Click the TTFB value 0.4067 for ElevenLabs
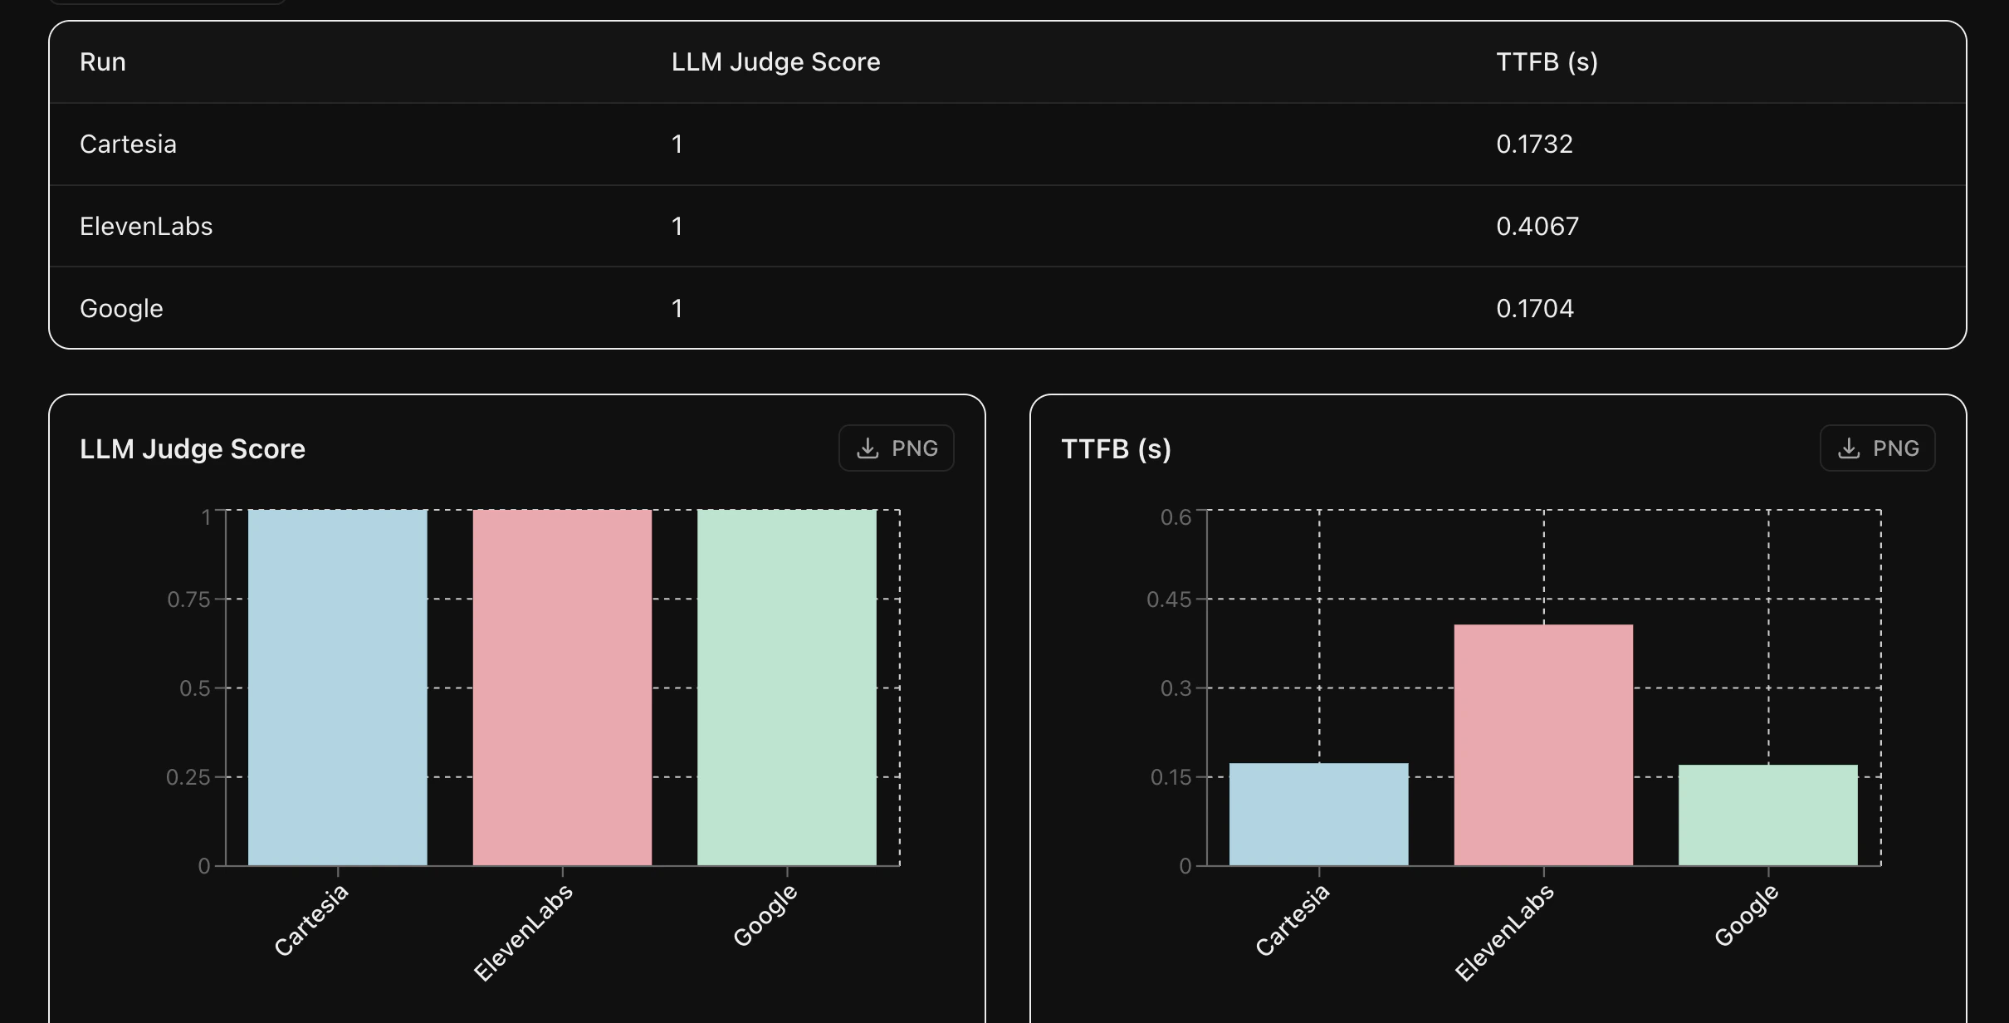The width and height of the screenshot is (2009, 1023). tap(1537, 226)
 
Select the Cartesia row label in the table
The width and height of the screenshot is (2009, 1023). tap(128, 144)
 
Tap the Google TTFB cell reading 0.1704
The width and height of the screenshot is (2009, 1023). tap(1534, 308)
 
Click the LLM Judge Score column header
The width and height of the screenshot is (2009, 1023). tap(775, 62)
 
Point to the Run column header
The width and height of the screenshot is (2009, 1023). tap(103, 62)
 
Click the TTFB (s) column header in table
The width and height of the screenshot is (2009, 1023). tap(1547, 62)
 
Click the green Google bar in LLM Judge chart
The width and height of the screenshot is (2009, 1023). tap(786, 688)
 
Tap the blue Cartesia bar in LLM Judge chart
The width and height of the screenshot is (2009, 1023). tap(337, 688)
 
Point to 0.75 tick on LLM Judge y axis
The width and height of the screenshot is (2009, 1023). tap(188, 600)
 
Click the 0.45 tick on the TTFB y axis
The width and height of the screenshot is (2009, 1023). tap(1168, 600)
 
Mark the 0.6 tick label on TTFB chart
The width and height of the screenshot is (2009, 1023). tap(1175, 517)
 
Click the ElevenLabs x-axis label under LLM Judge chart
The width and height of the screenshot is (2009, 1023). tap(523, 932)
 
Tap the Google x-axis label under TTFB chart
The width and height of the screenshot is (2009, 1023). tap(1747, 915)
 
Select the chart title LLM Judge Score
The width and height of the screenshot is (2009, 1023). tap(193, 449)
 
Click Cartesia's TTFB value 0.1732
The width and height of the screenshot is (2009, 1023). tap(1534, 144)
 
